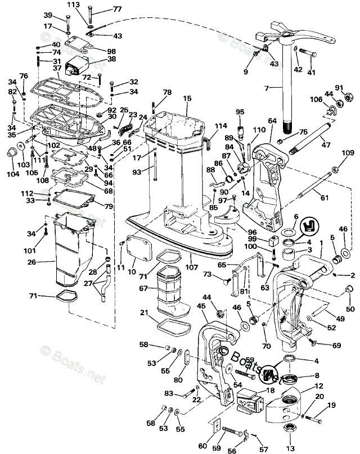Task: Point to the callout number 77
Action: click(x=116, y=10)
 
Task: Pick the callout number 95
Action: click(x=240, y=112)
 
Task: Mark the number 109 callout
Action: click(x=348, y=153)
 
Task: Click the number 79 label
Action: click(x=109, y=207)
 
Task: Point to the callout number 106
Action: click(x=315, y=101)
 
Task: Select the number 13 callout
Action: click(x=289, y=448)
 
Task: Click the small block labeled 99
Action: click(x=275, y=242)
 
